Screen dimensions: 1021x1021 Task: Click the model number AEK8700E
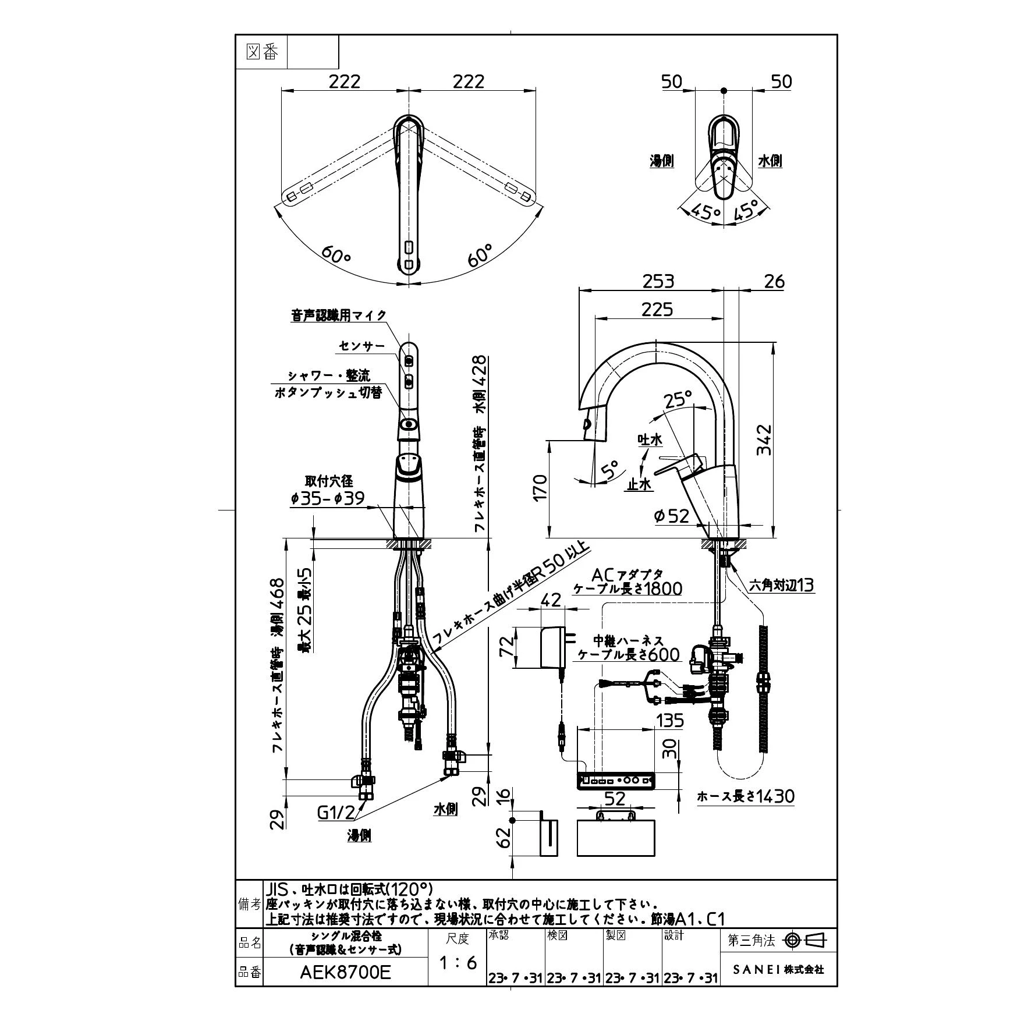click(x=345, y=973)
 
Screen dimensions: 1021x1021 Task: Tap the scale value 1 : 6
click(x=458, y=963)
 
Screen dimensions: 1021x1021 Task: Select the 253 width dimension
click(x=658, y=281)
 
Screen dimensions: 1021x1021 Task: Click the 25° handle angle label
click(x=678, y=400)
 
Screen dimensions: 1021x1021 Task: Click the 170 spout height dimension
click(x=540, y=488)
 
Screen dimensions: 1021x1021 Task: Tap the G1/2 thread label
click(x=336, y=812)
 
